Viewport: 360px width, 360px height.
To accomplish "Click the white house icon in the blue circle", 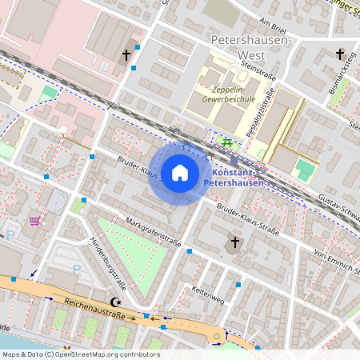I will point(180,173).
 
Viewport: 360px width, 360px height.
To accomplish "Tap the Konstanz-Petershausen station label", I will point(239,178).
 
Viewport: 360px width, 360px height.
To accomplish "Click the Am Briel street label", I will point(274,24).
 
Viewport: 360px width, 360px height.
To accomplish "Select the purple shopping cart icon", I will point(35,220).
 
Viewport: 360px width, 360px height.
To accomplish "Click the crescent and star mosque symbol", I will point(118,302).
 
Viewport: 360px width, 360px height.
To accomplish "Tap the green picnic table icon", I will point(228,142).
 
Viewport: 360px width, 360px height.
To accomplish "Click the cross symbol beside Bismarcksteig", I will point(340,54).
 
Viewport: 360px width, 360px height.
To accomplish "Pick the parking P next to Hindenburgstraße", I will point(76,271).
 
